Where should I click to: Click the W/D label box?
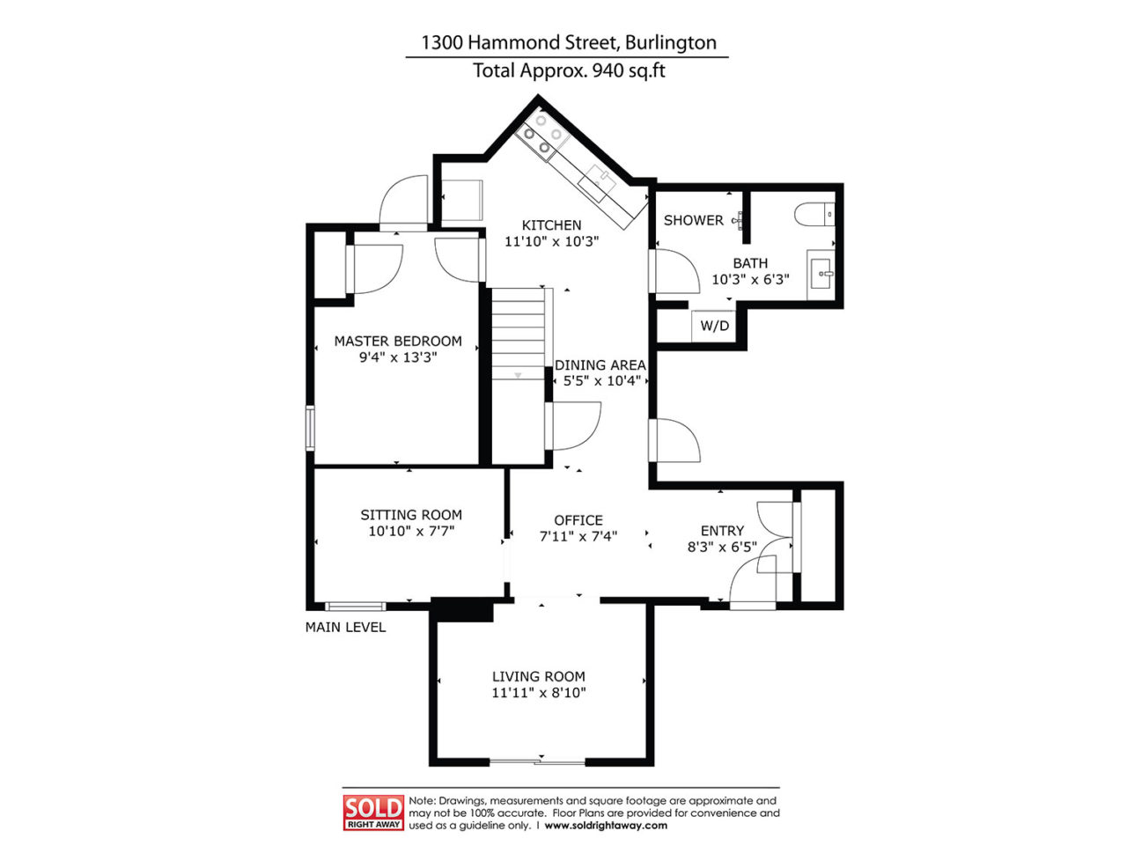point(714,326)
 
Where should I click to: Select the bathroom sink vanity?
point(821,275)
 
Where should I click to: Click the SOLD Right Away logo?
point(373,812)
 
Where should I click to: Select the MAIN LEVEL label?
point(345,627)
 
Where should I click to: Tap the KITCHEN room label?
point(551,225)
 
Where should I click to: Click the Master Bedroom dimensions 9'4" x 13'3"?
point(398,357)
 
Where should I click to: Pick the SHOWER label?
point(693,220)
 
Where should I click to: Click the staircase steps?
point(519,335)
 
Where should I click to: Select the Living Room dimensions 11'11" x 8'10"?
point(539,693)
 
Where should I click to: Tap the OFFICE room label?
point(578,520)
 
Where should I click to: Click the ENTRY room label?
point(722,530)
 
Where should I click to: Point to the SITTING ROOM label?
point(410,515)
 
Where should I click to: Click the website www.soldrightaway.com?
point(606,826)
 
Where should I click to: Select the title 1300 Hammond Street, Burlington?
point(568,42)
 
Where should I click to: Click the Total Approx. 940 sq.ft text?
point(568,70)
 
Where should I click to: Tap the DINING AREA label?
point(600,364)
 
